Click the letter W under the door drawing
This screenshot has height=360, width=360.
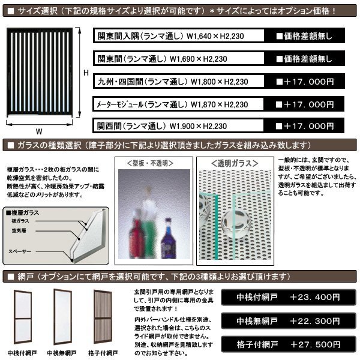tap(39, 131)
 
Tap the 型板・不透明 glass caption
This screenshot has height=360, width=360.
tap(152, 163)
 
